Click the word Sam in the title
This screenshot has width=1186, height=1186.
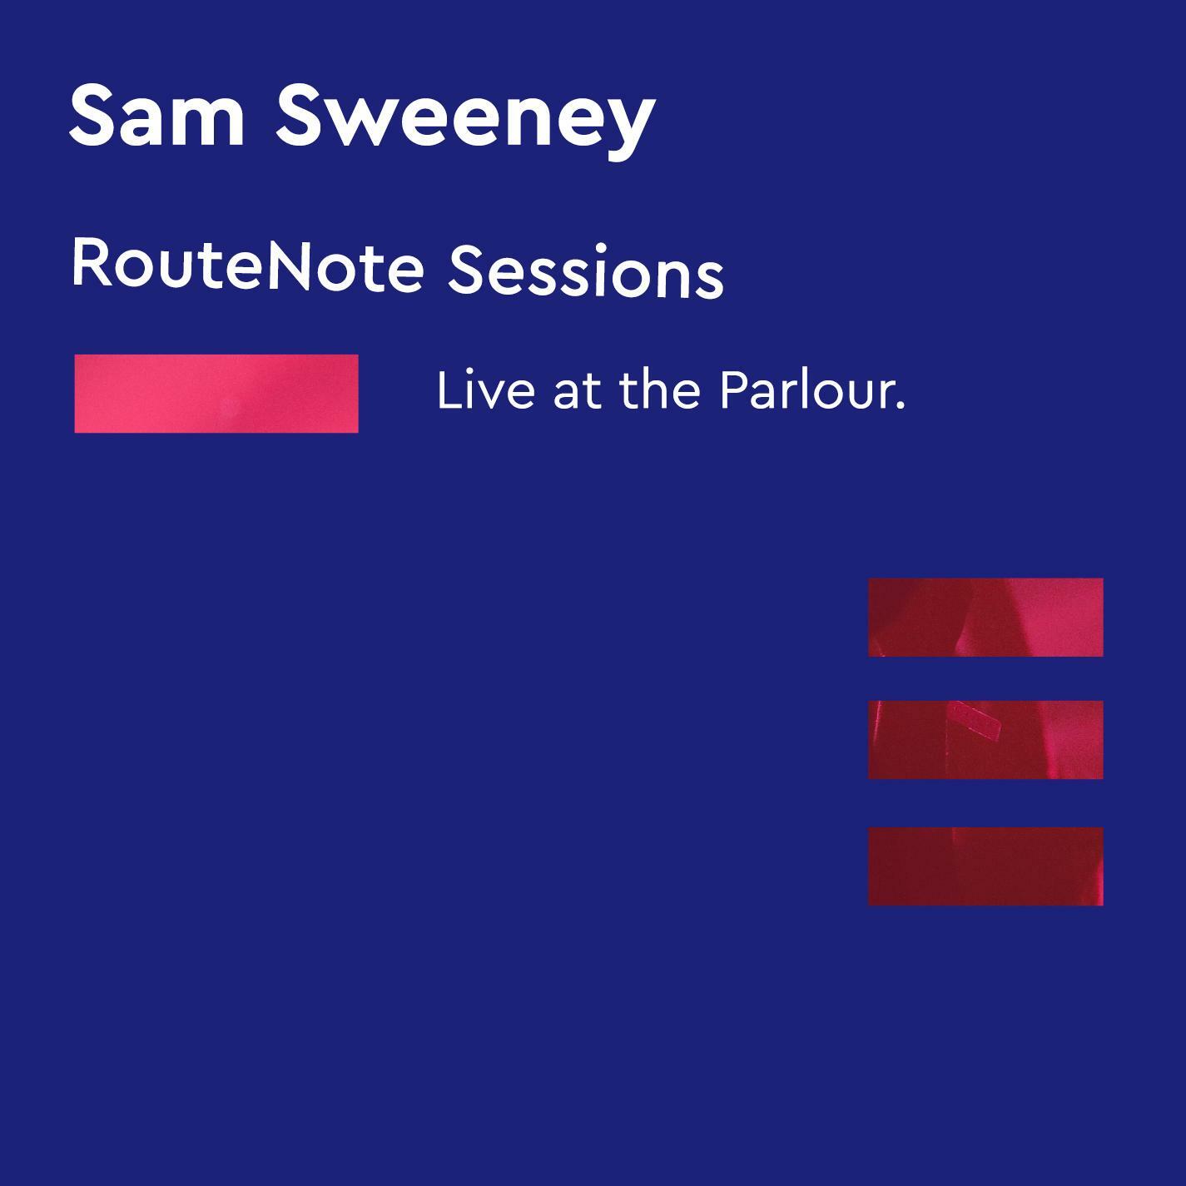tap(156, 116)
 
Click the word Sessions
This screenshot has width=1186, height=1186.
tap(586, 271)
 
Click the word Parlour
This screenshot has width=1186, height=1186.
tap(812, 390)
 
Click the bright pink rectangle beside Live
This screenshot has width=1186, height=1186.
tap(216, 394)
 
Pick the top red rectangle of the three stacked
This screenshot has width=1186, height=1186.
tap(985, 617)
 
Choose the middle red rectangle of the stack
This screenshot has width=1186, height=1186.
tap(985, 740)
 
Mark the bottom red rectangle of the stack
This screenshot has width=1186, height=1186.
tap(985, 866)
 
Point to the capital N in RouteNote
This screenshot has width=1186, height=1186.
tap(288, 265)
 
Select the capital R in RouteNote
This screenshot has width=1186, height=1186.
tap(90, 264)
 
